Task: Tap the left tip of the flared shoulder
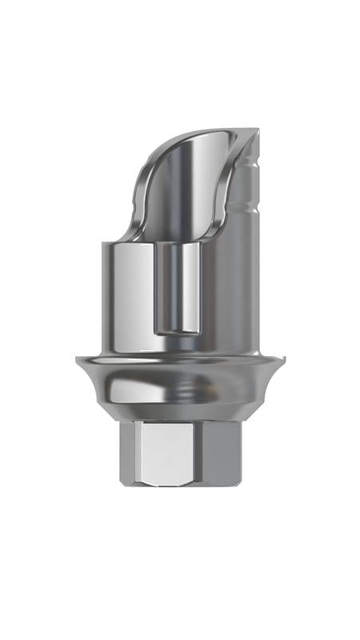[x=78, y=362]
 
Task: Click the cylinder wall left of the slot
[x=128, y=296]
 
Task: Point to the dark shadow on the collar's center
[x=180, y=392]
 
